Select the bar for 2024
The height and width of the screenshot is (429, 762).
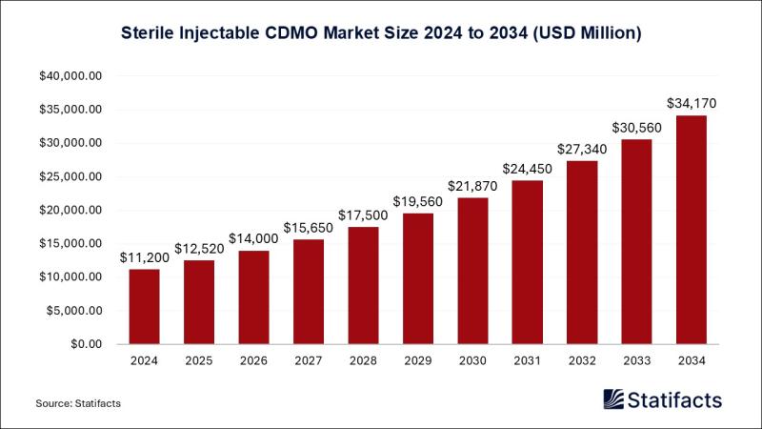(x=144, y=306)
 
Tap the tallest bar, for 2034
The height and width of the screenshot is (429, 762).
(x=691, y=229)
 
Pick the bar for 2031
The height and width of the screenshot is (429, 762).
(x=527, y=261)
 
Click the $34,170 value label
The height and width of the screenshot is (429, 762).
(x=691, y=101)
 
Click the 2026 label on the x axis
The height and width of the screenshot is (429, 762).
(x=253, y=362)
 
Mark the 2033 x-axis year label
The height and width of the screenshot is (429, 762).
(x=636, y=362)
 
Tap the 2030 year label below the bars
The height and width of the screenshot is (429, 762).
(x=472, y=362)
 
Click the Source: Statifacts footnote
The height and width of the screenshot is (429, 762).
(x=78, y=404)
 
